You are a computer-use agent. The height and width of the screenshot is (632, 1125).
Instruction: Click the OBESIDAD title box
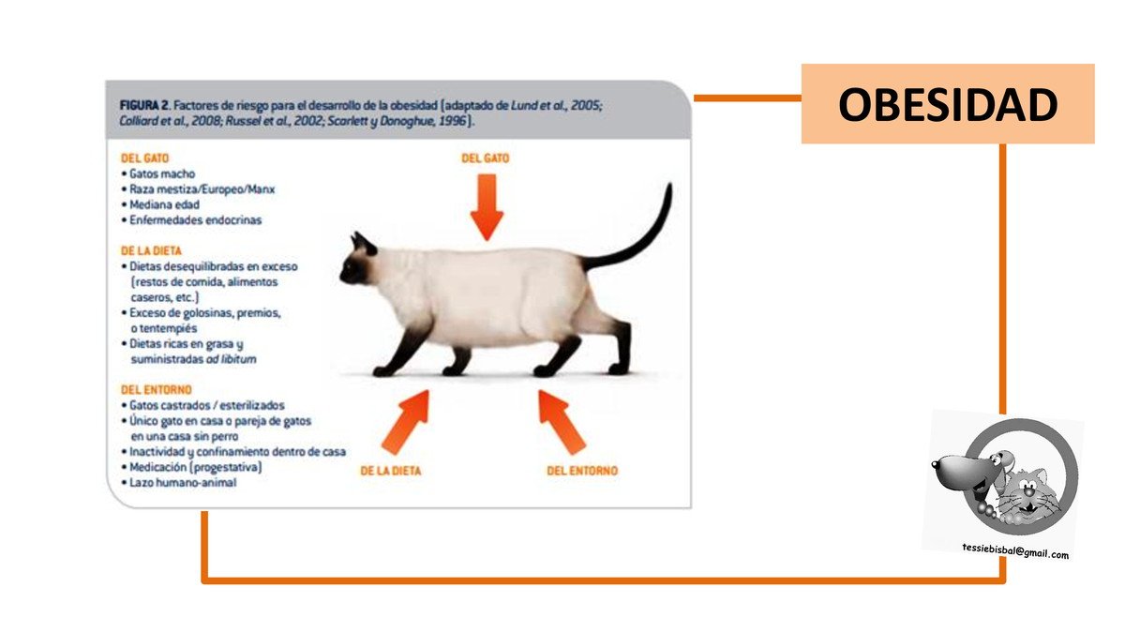(x=948, y=104)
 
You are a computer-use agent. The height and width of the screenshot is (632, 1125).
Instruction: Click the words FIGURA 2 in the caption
(x=144, y=106)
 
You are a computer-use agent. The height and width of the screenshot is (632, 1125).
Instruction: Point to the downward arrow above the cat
(x=487, y=206)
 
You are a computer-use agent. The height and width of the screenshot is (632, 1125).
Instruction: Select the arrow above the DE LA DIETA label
(x=406, y=422)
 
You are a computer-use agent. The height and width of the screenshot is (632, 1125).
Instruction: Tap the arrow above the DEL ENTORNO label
(x=562, y=422)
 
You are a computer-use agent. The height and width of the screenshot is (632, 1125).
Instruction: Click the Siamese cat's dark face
(x=357, y=262)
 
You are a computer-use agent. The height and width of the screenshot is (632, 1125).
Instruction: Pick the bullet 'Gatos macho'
(x=158, y=173)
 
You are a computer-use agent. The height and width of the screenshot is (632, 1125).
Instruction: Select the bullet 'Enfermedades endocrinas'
(x=191, y=220)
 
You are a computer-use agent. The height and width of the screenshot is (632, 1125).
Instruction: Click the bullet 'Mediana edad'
(x=160, y=205)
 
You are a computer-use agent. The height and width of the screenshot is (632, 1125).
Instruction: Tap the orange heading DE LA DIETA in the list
(x=151, y=250)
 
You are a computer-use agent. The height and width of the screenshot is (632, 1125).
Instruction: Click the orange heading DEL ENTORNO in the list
(x=157, y=390)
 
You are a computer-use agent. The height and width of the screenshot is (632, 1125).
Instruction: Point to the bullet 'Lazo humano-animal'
(x=179, y=483)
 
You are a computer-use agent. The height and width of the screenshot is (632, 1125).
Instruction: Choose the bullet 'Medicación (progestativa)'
(x=191, y=467)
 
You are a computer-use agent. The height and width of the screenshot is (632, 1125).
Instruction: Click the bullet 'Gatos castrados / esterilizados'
(x=202, y=405)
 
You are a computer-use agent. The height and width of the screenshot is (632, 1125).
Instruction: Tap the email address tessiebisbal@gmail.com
(x=1015, y=551)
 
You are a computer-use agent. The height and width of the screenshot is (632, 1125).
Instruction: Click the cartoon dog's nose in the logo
(x=936, y=463)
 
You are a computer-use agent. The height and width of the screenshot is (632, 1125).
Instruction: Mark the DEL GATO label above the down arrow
(x=486, y=158)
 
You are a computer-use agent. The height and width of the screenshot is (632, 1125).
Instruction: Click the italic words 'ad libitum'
(x=231, y=359)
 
